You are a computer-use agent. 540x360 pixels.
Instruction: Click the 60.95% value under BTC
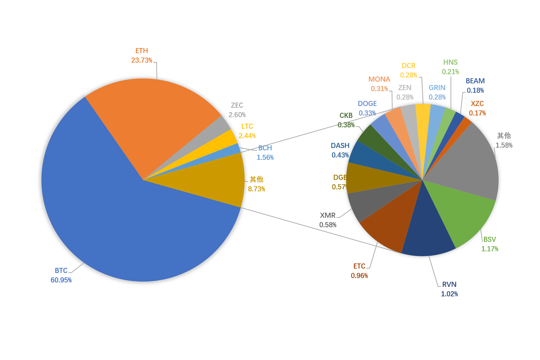(x=61, y=280)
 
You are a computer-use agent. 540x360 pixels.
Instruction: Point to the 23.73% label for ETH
(x=142, y=60)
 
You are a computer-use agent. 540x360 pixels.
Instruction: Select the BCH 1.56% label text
(x=265, y=153)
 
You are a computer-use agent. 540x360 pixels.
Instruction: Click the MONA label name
(x=379, y=79)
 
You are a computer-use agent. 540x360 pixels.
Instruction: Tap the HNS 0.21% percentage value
(x=450, y=72)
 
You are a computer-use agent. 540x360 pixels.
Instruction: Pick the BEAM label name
(x=475, y=81)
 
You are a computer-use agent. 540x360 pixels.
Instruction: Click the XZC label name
(x=477, y=104)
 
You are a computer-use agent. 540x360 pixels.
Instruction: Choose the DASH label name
(x=340, y=146)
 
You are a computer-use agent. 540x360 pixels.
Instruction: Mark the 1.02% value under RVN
(x=449, y=294)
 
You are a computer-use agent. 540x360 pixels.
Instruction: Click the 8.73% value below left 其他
(x=256, y=189)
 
